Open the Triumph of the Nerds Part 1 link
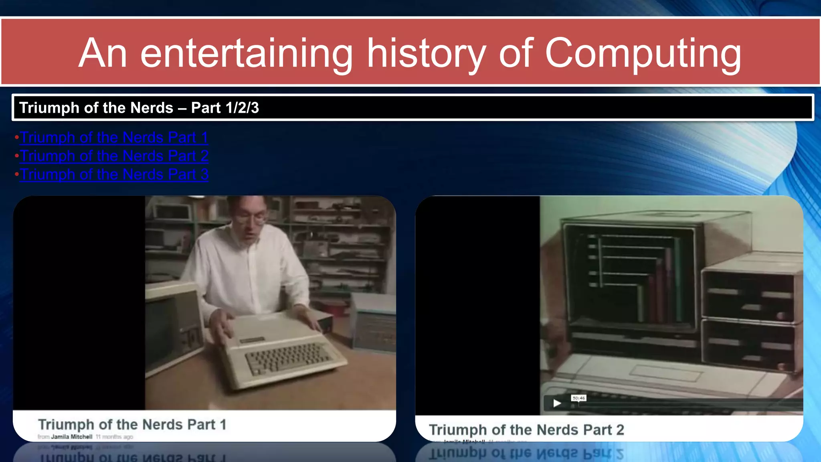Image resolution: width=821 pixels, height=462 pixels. point(114,138)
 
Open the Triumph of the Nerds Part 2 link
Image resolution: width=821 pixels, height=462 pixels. point(114,156)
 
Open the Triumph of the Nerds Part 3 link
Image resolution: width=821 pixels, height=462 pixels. point(114,174)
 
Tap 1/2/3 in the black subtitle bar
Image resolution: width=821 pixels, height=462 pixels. point(242,108)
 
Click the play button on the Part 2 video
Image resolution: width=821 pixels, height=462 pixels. point(557,403)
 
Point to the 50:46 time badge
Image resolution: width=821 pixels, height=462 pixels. point(578,398)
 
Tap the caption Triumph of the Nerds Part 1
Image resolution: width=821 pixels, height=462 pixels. point(132,424)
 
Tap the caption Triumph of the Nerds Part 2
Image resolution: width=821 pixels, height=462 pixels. point(526,430)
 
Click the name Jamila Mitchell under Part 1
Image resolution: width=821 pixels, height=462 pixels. point(71,437)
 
